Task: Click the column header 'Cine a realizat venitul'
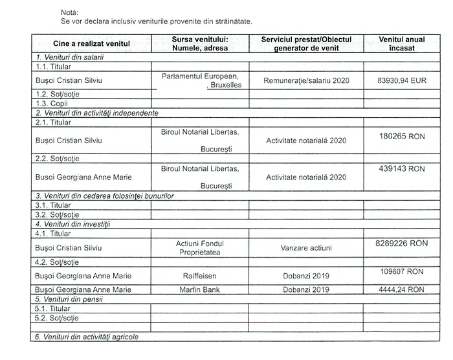(x=91, y=43)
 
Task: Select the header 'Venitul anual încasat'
(x=402, y=43)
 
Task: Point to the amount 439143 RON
(x=402, y=168)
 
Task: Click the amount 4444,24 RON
(x=402, y=289)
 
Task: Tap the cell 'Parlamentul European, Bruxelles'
(x=200, y=80)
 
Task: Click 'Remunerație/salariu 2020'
(x=306, y=82)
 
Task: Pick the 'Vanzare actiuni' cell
(x=306, y=247)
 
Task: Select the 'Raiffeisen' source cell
(x=200, y=276)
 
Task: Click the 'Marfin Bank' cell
(x=200, y=289)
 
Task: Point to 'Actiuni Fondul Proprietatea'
(x=200, y=247)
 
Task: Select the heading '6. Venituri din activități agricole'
(x=87, y=337)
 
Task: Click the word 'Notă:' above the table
(x=49, y=12)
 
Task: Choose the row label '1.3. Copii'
(x=52, y=103)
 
